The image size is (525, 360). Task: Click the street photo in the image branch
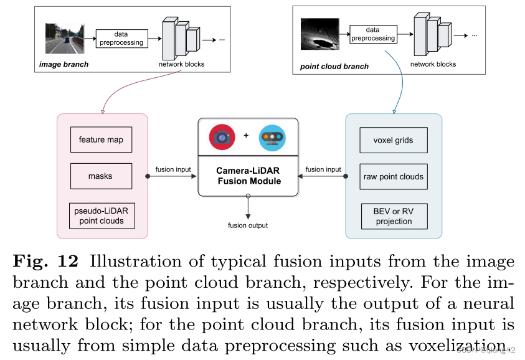[64, 38]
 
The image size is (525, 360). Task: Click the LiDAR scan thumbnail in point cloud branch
[319, 34]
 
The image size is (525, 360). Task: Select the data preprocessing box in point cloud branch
[373, 34]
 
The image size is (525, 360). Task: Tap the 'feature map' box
[101, 140]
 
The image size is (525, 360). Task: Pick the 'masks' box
[101, 176]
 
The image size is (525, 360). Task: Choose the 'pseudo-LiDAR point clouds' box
[102, 216]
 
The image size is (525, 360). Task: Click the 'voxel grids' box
[394, 140]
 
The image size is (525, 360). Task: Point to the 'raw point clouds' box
[394, 176]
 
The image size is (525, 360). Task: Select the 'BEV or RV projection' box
[394, 216]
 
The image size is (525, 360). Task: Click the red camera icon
[222, 136]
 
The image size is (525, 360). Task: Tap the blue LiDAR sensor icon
[272, 137]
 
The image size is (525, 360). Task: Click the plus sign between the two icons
[246, 135]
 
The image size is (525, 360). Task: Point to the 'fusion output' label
[248, 225]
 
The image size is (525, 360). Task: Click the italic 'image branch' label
[64, 64]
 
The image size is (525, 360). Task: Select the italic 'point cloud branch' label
[334, 67]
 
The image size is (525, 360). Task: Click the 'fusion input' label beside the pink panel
[173, 169]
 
